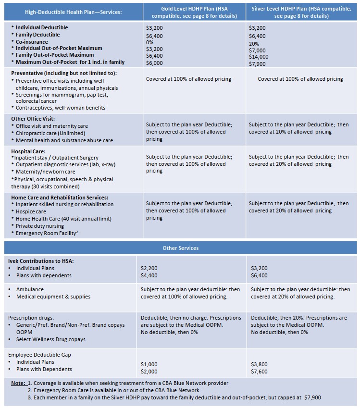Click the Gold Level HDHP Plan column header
click(194, 12)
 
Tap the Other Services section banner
click(180, 248)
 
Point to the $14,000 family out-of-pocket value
click(259, 57)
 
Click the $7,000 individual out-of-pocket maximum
click(257, 50)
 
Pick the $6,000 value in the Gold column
click(154, 63)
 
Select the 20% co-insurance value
click(254, 43)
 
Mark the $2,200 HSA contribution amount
click(149, 268)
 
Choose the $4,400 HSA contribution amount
click(149, 275)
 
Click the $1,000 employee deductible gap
click(149, 365)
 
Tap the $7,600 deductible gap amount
click(260, 372)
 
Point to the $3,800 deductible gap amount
click(260, 365)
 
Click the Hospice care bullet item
click(31, 211)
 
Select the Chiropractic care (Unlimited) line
click(50, 133)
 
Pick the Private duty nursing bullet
click(40, 226)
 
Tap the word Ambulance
click(30, 289)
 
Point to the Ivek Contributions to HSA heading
click(41, 261)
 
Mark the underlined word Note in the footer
click(18, 383)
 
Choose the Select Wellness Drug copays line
click(50, 339)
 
